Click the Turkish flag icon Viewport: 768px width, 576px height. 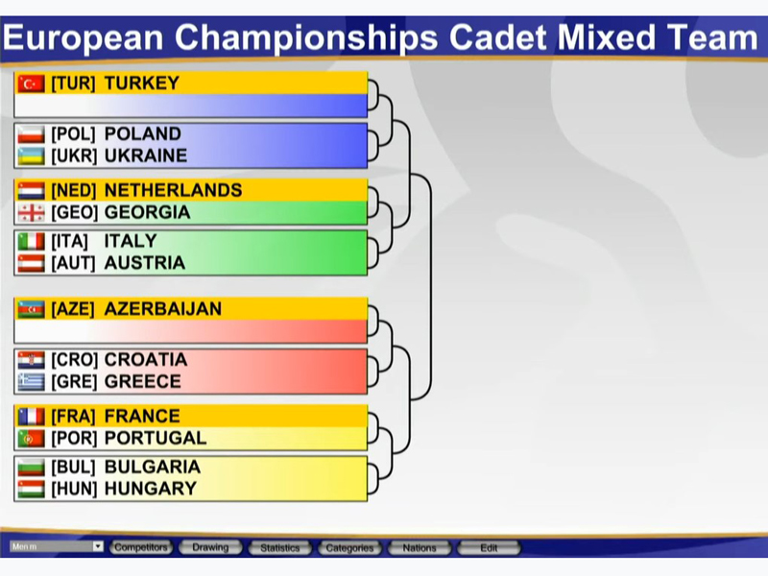(31, 84)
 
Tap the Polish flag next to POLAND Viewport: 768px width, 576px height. (31, 134)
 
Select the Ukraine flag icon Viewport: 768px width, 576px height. (31, 156)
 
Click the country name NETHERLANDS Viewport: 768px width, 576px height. (174, 190)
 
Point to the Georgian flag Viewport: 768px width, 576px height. (31, 212)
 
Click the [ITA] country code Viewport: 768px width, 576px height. (69, 242)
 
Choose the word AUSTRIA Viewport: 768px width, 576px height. (145, 263)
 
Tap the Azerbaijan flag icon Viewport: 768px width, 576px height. (31, 309)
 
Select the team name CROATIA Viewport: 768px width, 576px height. (146, 359)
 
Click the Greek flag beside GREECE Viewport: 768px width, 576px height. (31, 382)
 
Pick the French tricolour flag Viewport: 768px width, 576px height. (31, 417)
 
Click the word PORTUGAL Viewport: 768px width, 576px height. (156, 438)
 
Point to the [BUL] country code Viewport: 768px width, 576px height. (74, 468)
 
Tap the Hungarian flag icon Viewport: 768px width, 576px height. (31, 489)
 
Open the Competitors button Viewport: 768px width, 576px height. (141, 547)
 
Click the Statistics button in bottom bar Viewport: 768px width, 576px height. (279, 547)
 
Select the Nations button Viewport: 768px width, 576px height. (420, 547)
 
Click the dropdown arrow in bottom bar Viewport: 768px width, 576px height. (98, 546)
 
